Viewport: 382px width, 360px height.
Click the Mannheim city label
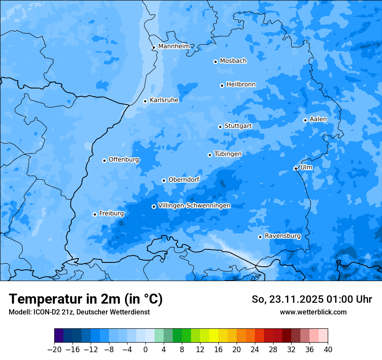point(174,46)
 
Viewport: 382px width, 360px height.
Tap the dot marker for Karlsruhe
point(145,101)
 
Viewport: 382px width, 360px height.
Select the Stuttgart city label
point(238,126)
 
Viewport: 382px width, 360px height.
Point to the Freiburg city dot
point(95,214)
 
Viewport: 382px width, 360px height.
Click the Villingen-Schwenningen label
point(194,206)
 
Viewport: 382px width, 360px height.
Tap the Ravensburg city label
point(283,236)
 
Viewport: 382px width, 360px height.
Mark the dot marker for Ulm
point(296,168)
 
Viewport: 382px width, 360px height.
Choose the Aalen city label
point(318,119)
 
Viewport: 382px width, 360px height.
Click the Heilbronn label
point(241,85)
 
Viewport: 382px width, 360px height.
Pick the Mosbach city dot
point(215,62)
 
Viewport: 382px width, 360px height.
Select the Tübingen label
point(228,154)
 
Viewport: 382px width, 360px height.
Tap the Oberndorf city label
point(184,180)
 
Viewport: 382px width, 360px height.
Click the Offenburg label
point(124,160)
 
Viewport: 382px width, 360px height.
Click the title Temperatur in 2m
point(86,299)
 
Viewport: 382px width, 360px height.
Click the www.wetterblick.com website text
point(313,312)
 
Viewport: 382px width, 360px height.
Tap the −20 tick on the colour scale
point(54,350)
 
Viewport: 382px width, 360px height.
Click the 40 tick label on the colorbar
point(328,350)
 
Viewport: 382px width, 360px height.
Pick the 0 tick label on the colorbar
point(145,350)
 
